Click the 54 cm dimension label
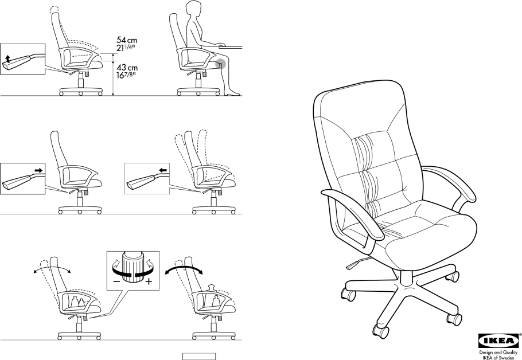(x=127, y=40)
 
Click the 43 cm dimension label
(x=127, y=68)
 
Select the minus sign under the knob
(x=116, y=283)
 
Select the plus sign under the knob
(x=149, y=283)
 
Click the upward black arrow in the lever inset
(x=7, y=58)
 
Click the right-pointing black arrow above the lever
(x=38, y=170)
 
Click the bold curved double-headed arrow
(x=184, y=268)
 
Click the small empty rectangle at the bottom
(x=199, y=356)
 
